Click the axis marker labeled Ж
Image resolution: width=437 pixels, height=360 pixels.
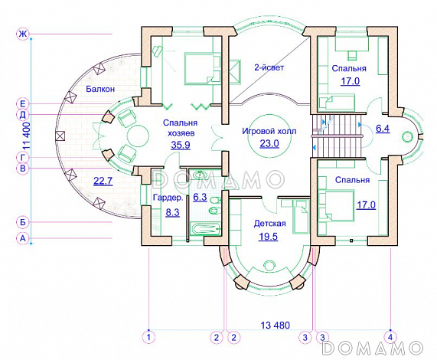tap(22, 34)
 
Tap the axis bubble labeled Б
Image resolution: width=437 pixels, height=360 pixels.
tap(22, 222)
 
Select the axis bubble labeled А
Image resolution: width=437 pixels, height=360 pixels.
tap(22, 238)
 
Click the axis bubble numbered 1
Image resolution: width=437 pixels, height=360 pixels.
tap(148, 337)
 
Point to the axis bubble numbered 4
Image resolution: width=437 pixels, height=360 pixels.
tap(390, 337)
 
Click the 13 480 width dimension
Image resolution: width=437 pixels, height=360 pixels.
tap(275, 325)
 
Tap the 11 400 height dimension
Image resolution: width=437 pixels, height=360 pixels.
tap(26, 136)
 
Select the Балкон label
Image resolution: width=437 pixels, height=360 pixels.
tap(100, 89)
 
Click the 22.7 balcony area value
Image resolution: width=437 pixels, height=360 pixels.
tap(103, 182)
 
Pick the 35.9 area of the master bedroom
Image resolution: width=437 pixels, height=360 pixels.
tap(181, 145)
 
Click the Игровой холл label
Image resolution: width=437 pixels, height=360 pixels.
tap(269, 131)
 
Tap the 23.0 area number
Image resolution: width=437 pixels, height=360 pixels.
tap(269, 143)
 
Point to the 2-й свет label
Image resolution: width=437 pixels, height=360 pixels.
tap(269, 67)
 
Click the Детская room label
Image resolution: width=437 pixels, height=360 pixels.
tap(270, 224)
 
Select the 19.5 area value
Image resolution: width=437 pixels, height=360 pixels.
tap(269, 237)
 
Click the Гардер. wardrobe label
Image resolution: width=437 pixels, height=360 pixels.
tap(168, 198)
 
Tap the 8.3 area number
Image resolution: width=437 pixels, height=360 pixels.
tap(172, 212)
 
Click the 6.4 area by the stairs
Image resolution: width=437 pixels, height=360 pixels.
tap(383, 129)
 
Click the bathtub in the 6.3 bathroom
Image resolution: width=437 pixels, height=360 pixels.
tap(205, 229)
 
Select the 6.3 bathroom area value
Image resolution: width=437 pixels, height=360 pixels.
tap(200, 197)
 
